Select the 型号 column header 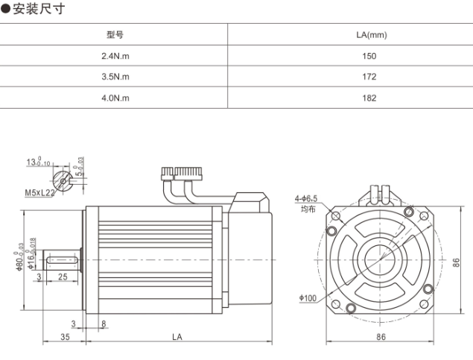tap(115, 35)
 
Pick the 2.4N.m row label tap(115, 56)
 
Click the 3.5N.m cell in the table tap(115, 77)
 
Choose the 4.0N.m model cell tap(115, 98)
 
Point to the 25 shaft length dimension tap(63, 277)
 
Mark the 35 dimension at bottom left tap(66, 338)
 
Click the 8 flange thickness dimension tap(103, 323)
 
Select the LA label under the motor tap(177, 338)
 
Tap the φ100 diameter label tap(308, 298)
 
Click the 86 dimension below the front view tap(381, 338)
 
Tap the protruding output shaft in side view tap(63, 259)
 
